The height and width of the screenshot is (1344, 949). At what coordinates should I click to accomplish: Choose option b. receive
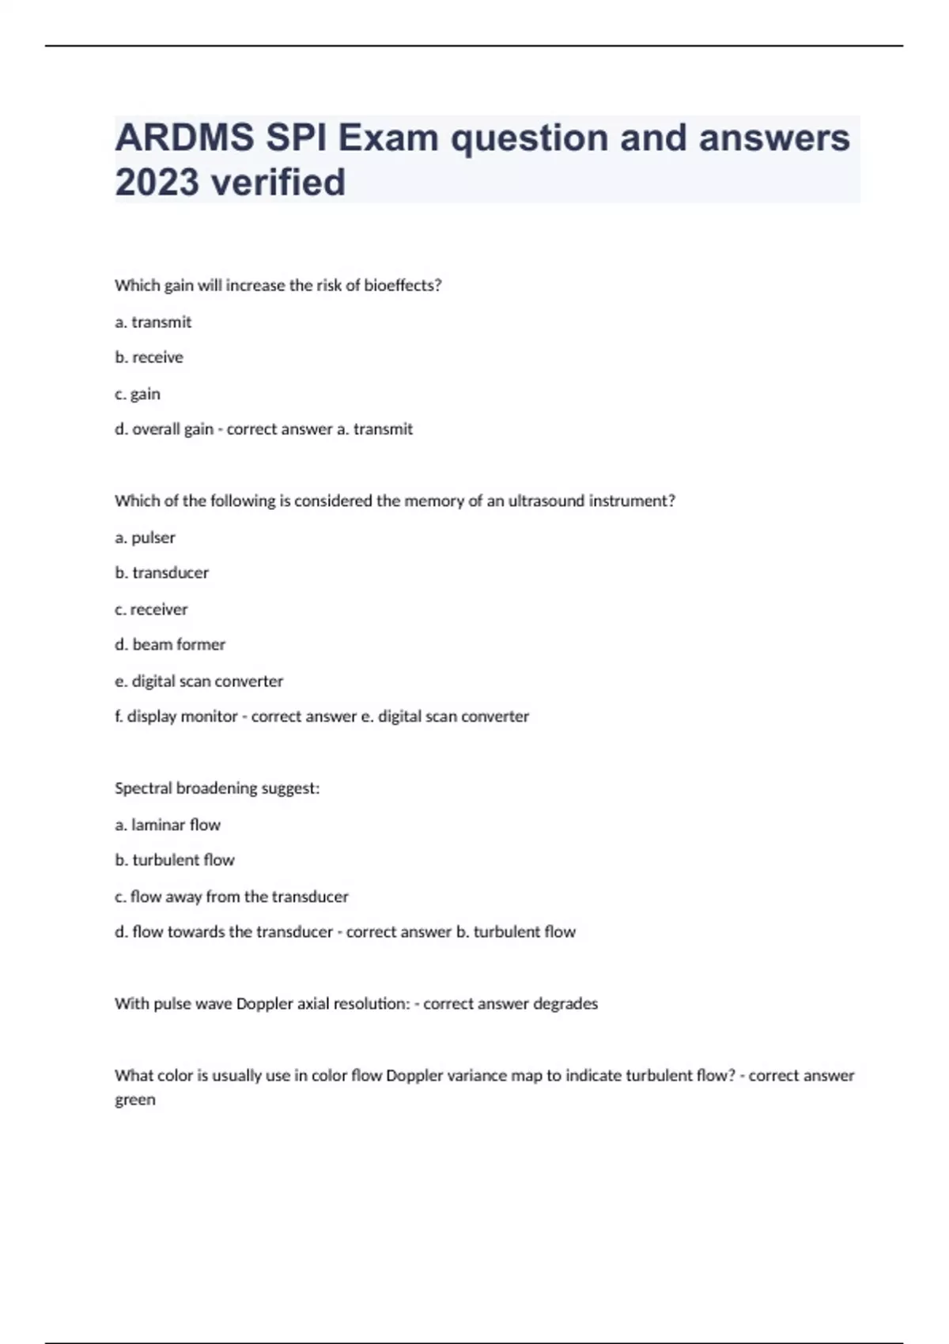[x=149, y=357]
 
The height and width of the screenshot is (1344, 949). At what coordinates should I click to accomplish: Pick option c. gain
[x=138, y=394]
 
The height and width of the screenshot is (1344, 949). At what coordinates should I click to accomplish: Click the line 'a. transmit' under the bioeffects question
[x=153, y=322]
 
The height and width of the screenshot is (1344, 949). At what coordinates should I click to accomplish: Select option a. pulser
[x=145, y=538]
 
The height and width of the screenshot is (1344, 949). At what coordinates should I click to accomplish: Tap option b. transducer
[x=162, y=572]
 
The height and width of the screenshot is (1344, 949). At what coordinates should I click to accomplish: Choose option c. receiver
[x=151, y=610]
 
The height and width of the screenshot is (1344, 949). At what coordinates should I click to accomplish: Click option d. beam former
[x=170, y=644]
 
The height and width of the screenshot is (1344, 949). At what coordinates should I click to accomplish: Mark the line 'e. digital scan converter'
[x=198, y=681]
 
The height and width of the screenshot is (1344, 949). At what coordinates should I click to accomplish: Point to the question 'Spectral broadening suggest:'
[x=217, y=788]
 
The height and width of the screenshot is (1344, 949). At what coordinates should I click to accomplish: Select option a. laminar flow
[x=168, y=825]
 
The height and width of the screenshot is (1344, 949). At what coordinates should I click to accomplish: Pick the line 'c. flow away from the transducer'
[x=232, y=897]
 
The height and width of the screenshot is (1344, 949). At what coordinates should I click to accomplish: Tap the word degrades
[x=565, y=1004]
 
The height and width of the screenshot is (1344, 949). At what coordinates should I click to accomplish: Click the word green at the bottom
[x=135, y=1100]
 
